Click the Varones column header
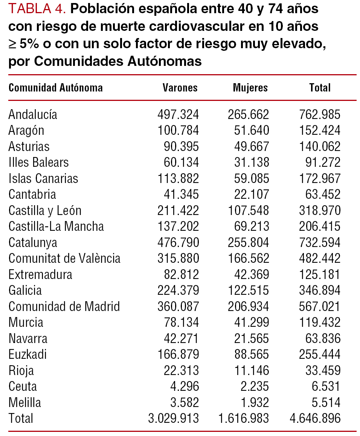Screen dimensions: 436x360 click(x=180, y=88)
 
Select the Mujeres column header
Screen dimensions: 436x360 click(x=250, y=88)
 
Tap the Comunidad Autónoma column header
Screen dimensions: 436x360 click(x=55, y=88)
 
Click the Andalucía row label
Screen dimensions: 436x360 click(x=33, y=114)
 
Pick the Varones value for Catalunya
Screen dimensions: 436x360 click(x=178, y=242)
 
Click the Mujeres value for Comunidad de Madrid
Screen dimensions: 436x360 click(x=248, y=306)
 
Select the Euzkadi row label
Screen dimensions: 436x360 click(x=28, y=354)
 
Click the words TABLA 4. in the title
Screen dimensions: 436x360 click(x=37, y=9)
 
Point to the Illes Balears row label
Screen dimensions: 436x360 click(x=38, y=162)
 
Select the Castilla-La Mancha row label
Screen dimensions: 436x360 click(x=56, y=226)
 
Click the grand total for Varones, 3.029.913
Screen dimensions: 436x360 click(x=173, y=418)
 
